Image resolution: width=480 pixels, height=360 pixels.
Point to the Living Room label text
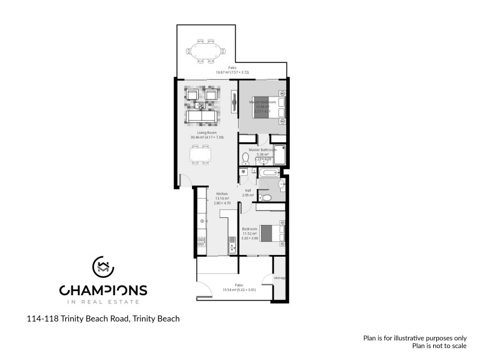(x=206, y=133)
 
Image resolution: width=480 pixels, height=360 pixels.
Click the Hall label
(x=247, y=191)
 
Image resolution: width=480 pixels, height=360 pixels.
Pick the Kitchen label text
(x=221, y=194)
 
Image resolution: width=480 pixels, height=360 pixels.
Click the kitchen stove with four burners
(x=201, y=242)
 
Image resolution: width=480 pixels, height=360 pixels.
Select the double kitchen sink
(x=232, y=244)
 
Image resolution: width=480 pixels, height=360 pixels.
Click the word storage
(x=280, y=278)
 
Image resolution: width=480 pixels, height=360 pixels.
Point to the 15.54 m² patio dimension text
(x=239, y=290)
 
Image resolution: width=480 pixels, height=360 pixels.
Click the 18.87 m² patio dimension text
(x=232, y=72)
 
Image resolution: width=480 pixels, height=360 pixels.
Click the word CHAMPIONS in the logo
(x=103, y=291)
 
